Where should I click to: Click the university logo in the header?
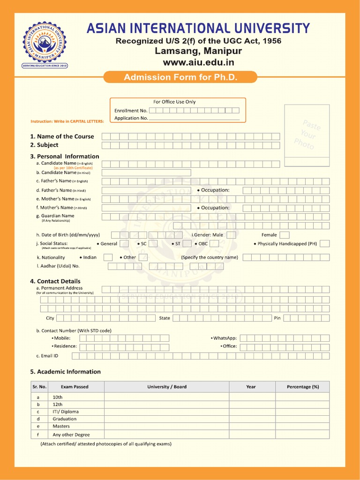[45, 45]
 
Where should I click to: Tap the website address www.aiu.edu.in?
[198, 62]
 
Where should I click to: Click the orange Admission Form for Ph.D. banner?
[180, 77]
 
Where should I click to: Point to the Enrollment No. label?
[131, 111]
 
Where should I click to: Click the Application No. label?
[131, 118]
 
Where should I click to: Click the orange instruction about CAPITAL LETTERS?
[67, 121]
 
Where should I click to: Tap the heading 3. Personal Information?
[65, 156]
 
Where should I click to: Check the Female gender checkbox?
[285, 235]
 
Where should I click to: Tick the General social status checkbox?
[124, 244]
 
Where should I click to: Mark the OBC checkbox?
[215, 244]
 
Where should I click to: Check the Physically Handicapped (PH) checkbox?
[324, 244]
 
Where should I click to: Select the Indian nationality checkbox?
[108, 257]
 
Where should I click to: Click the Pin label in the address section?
[277, 318]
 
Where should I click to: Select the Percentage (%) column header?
[302, 387]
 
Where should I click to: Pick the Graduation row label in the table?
[64, 419]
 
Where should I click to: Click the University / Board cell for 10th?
[166, 397]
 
